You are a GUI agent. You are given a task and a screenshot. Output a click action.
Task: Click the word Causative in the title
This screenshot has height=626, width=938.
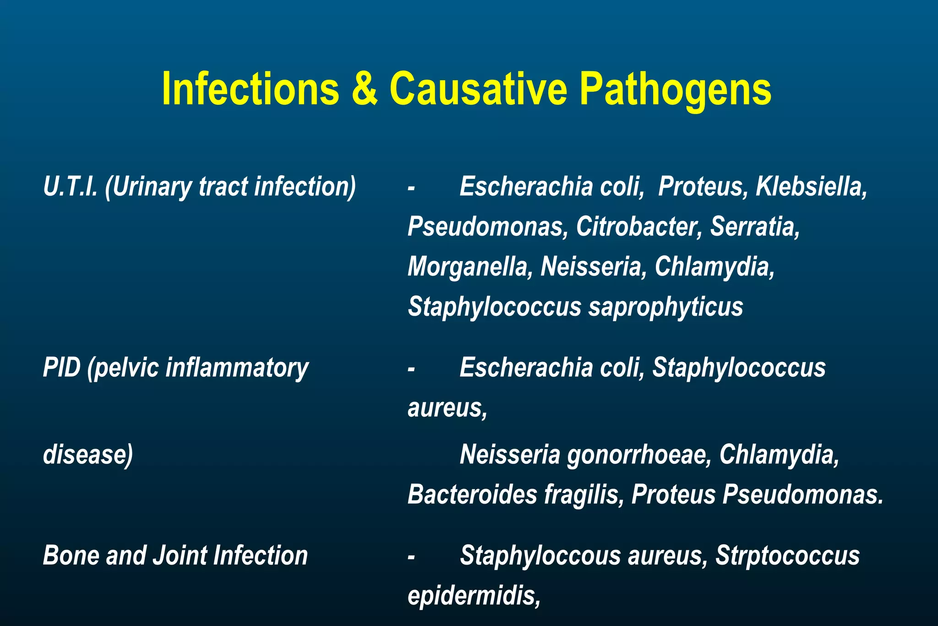point(478,89)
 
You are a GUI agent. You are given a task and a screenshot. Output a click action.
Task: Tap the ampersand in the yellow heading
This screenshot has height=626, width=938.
point(365,89)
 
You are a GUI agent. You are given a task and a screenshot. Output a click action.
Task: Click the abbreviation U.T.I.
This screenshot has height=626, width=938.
point(70,187)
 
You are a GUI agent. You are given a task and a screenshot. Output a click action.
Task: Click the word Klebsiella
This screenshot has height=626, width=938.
point(811,187)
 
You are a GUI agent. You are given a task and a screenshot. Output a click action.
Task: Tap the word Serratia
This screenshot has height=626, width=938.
point(755,226)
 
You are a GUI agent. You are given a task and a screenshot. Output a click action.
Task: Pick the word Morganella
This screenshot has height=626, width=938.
point(468,267)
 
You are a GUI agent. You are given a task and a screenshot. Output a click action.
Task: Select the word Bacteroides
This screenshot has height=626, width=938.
point(472,494)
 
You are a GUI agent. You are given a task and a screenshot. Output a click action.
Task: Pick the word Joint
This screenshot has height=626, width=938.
point(179,555)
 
